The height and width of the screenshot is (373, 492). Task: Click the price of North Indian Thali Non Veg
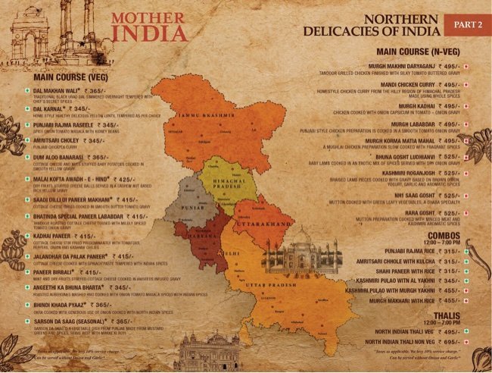click(448, 343)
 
